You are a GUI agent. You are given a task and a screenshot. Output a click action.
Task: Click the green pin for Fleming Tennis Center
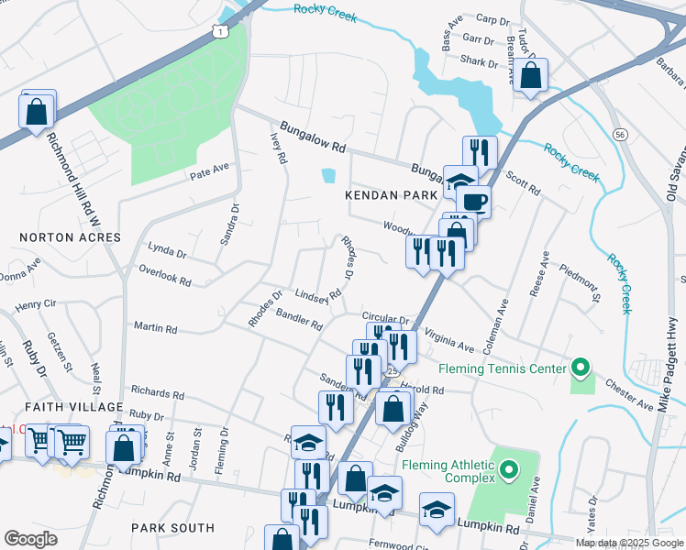tap(580, 368)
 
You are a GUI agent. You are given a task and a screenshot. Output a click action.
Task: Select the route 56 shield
tap(621, 135)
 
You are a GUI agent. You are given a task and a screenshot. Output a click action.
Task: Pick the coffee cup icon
tap(473, 201)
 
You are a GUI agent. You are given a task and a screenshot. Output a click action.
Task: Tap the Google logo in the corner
tap(30, 539)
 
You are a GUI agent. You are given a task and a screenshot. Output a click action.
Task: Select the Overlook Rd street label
tap(165, 274)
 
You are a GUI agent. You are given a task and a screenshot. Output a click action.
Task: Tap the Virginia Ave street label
tap(448, 342)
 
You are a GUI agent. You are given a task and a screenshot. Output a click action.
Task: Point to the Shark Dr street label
tap(480, 63)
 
